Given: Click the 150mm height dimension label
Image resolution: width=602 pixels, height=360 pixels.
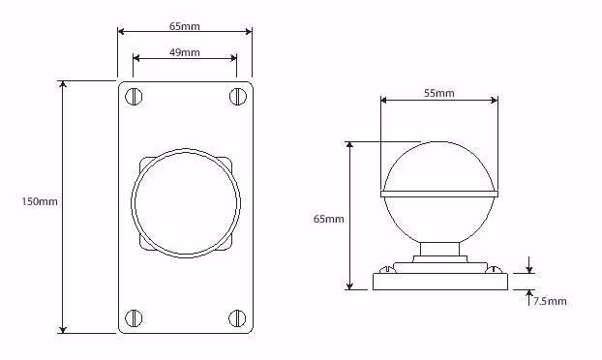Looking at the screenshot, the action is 39,201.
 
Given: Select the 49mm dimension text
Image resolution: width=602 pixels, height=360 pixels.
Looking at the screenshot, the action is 185,52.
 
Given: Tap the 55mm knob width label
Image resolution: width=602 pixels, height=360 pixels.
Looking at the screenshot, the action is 438,93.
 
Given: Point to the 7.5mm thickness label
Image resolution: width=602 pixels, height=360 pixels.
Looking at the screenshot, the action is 550,301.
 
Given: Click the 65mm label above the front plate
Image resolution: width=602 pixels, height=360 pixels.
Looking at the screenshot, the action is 185,26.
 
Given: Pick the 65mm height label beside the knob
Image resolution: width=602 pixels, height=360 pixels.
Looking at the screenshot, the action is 329,219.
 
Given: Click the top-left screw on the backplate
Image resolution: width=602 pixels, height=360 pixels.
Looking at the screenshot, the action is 134,97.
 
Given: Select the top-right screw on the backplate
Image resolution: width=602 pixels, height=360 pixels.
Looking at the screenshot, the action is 238,96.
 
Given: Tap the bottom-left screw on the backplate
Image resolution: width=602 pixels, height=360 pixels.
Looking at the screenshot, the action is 134,318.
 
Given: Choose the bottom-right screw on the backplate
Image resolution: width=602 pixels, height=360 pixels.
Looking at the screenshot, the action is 237,318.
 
